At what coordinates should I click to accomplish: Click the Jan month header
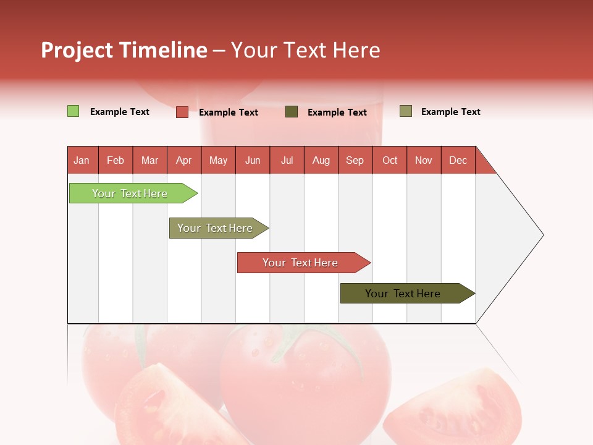pos(82,160)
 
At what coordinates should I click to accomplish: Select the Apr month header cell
pos(184,160)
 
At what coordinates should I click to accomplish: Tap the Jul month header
pos(287,160)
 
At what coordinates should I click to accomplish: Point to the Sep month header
pos(355,160)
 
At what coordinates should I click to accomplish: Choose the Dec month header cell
pos(458,160)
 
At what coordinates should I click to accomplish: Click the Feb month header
pos(116,160)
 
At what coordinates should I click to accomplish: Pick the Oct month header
pos(390,160)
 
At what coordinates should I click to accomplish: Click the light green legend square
pos(73,111)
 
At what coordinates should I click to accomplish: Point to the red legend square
pos(182,112)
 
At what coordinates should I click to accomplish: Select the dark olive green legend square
pos(292,112)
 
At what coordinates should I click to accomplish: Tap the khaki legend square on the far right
pos(405,111)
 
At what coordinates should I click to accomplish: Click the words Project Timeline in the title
pos(124,50)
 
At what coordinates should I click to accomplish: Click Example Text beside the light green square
pos(120,112)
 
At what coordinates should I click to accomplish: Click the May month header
pos(218,160)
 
